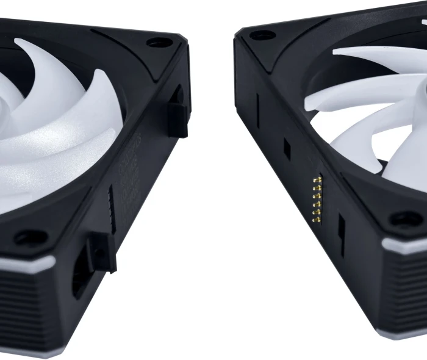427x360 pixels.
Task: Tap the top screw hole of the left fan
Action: coord(160,43)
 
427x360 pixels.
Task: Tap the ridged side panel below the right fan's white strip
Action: coord(403,293)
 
